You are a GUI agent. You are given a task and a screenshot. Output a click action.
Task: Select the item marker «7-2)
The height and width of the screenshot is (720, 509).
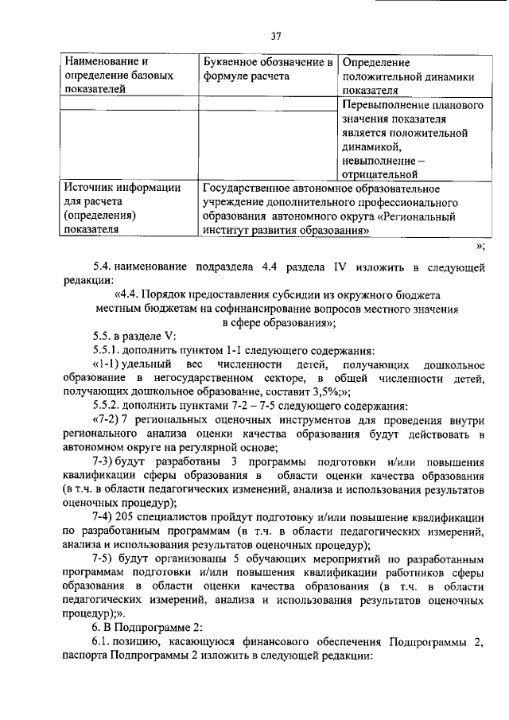106,418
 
